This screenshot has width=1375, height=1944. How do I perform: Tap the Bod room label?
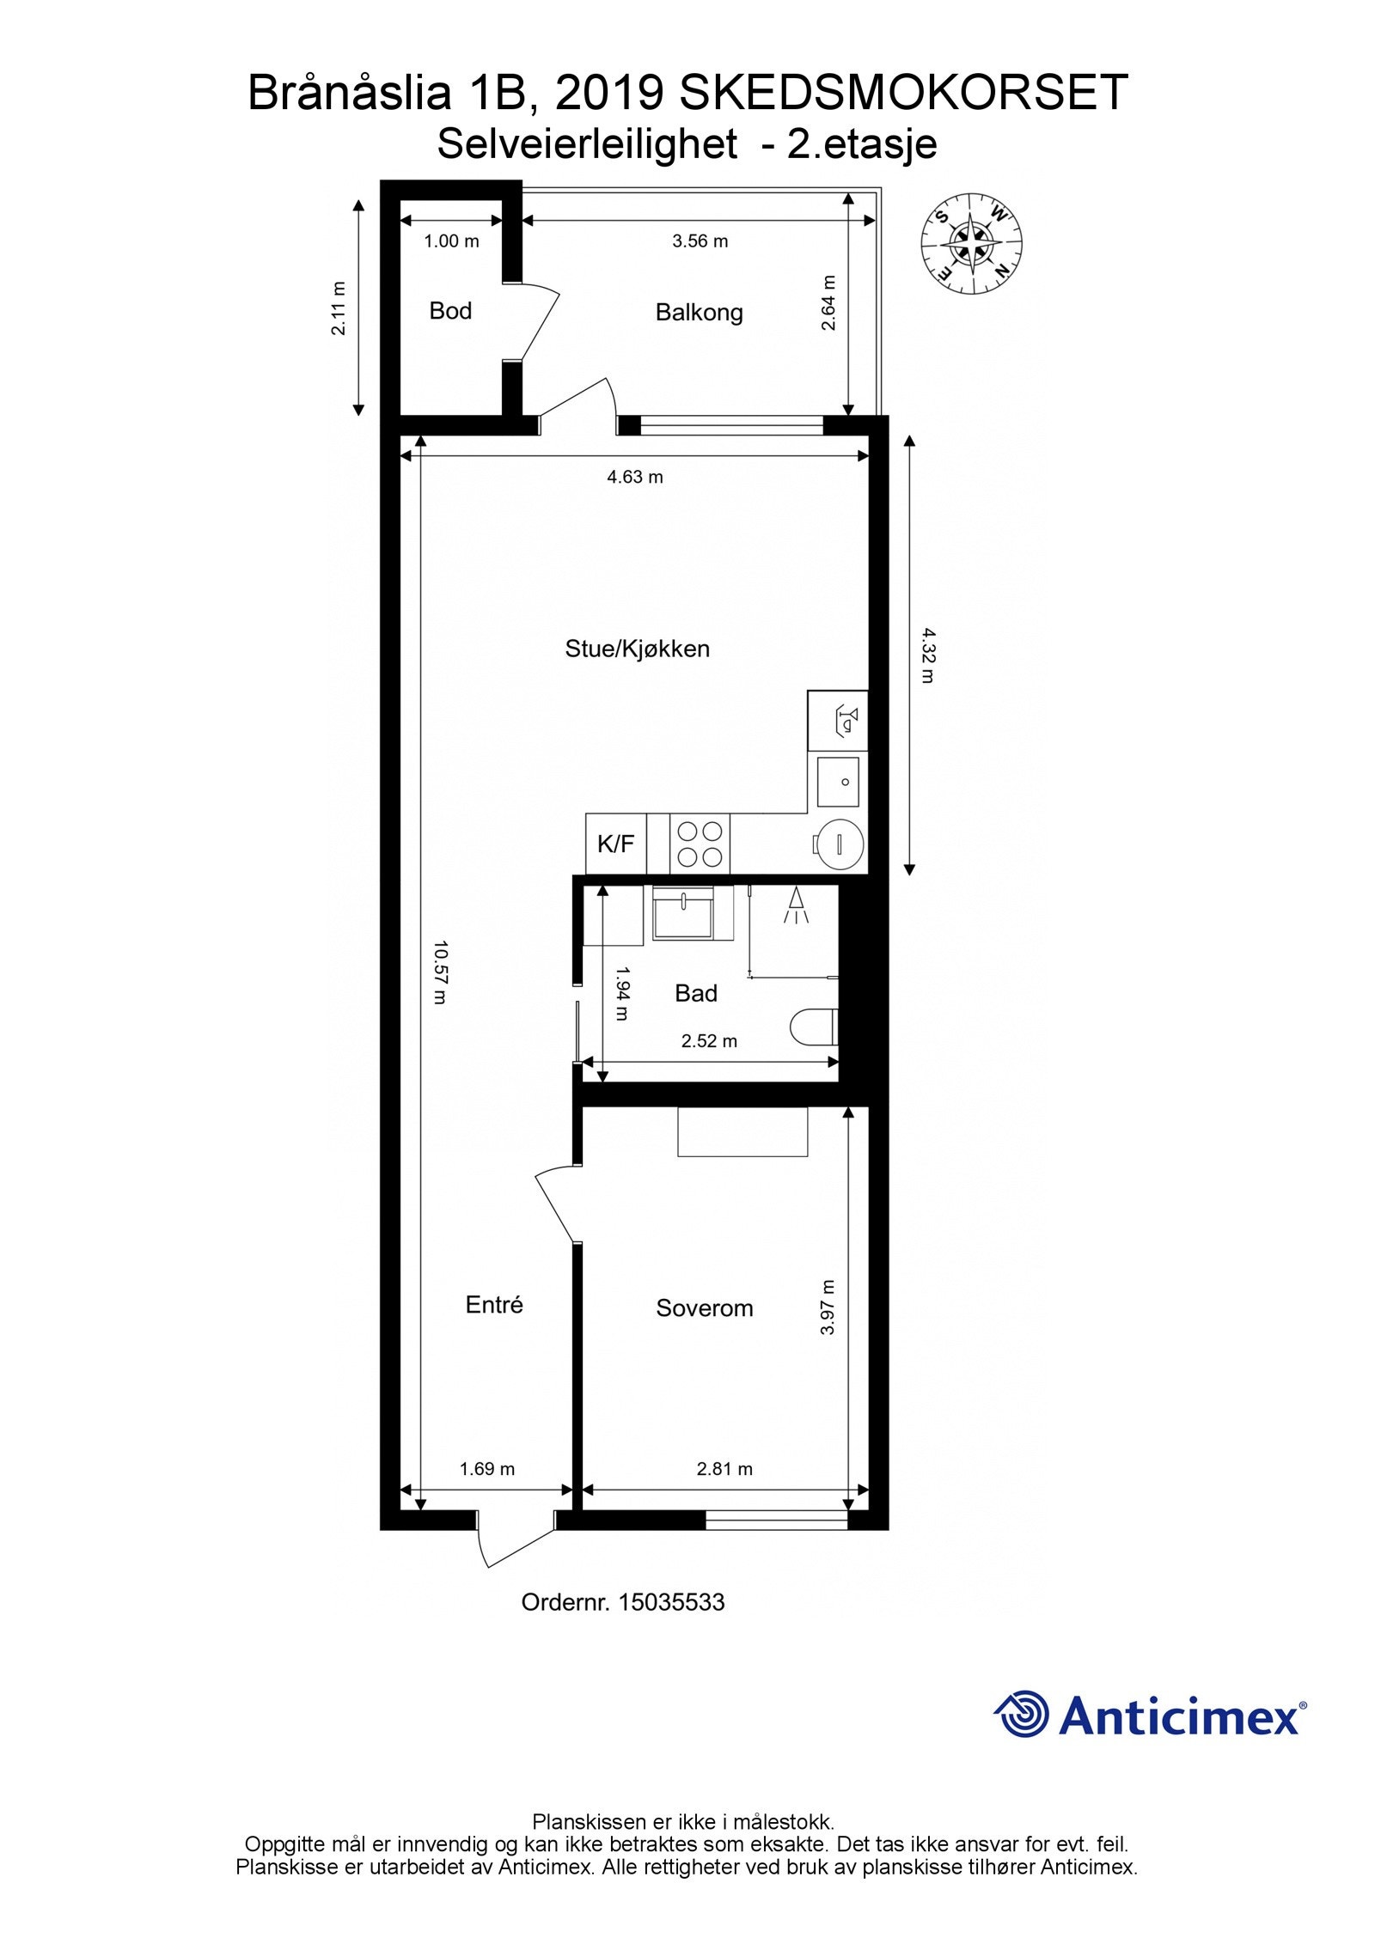coord(450,311)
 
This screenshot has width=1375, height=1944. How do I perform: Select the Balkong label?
coord(699,313)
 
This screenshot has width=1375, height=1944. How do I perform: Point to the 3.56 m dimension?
coord(700,241)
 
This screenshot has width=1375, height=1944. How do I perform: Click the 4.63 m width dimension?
coord(635,477)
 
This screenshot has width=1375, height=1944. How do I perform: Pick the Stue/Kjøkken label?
coord(637,649)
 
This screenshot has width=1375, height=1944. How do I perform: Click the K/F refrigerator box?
coord(615,844)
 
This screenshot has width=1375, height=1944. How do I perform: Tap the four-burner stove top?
coord(700,844)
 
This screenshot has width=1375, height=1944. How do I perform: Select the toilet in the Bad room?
coord(812,1026)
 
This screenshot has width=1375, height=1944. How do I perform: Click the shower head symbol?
coord(797,905)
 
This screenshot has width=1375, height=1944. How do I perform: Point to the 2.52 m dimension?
coord(709,1041)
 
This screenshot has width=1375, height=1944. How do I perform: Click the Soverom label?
coord(704,1308)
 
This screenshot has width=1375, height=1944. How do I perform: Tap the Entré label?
coord(494,1305)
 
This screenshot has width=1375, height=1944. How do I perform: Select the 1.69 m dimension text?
coord(486,1469)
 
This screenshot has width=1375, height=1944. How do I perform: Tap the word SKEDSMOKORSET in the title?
coord(902,93)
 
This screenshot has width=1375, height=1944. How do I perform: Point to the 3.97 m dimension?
coord(827,1307)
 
